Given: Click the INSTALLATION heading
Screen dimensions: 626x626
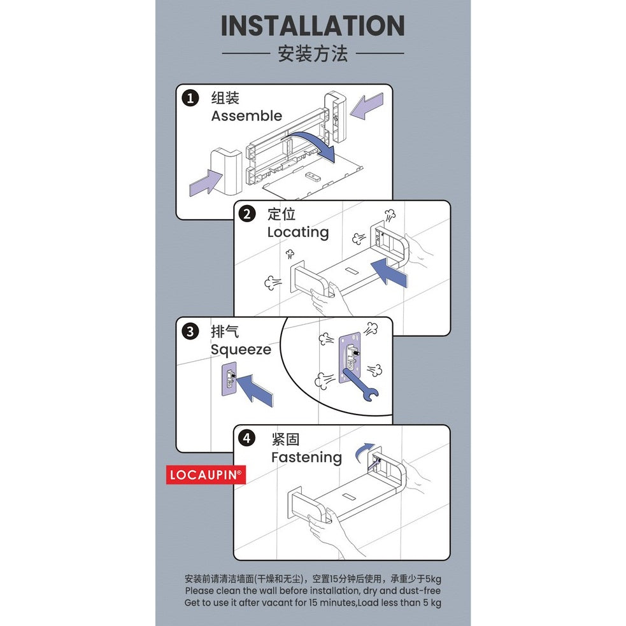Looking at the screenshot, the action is point(313,25).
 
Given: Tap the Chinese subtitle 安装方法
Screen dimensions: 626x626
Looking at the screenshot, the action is point(313,53).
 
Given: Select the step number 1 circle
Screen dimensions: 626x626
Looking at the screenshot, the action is point(190,98).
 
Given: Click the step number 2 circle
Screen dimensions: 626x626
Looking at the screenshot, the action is point(246,215).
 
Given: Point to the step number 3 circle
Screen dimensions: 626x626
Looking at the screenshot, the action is point(190,331).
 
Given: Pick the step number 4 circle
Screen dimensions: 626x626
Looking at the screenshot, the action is point(246,438).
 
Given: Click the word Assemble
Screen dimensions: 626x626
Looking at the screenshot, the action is point(246,116).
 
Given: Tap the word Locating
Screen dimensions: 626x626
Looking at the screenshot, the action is point(298,232).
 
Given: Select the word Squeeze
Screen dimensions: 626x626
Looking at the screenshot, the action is point(241,350).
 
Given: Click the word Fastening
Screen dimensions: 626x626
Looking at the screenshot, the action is point(306,457).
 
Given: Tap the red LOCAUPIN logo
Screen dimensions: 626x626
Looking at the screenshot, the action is point(206,474).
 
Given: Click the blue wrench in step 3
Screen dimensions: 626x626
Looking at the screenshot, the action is point(360,385).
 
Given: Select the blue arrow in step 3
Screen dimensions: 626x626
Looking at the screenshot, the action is point(254,389).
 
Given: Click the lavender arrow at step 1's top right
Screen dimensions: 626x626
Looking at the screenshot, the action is point(367,106).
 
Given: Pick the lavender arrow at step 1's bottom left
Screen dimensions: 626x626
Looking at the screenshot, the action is point(206,182).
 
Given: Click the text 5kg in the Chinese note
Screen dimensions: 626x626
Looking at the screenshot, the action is point(433,579).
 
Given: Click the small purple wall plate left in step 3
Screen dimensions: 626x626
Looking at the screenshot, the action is point(229,380).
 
